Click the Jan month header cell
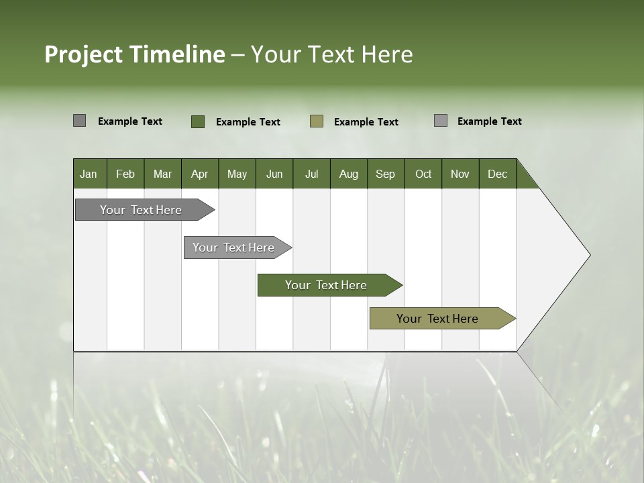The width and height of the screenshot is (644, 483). coord(89,174)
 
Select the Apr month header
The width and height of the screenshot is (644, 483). coord(200,174)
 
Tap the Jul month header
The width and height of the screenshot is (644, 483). coord(311,174)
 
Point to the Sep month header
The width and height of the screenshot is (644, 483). coord(386,174)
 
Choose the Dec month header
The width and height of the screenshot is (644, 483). coord(497,174)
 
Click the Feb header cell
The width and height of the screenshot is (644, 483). coord(125,174)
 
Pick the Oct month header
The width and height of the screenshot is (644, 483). coord(423,174)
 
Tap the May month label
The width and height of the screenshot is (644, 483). coord(237,174)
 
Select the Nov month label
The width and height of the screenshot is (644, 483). coord(460,174)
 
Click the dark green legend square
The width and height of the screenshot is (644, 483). coord(198,121)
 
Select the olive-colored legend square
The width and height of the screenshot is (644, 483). coord(317,121)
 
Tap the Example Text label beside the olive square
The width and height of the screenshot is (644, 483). coord(366,122)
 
